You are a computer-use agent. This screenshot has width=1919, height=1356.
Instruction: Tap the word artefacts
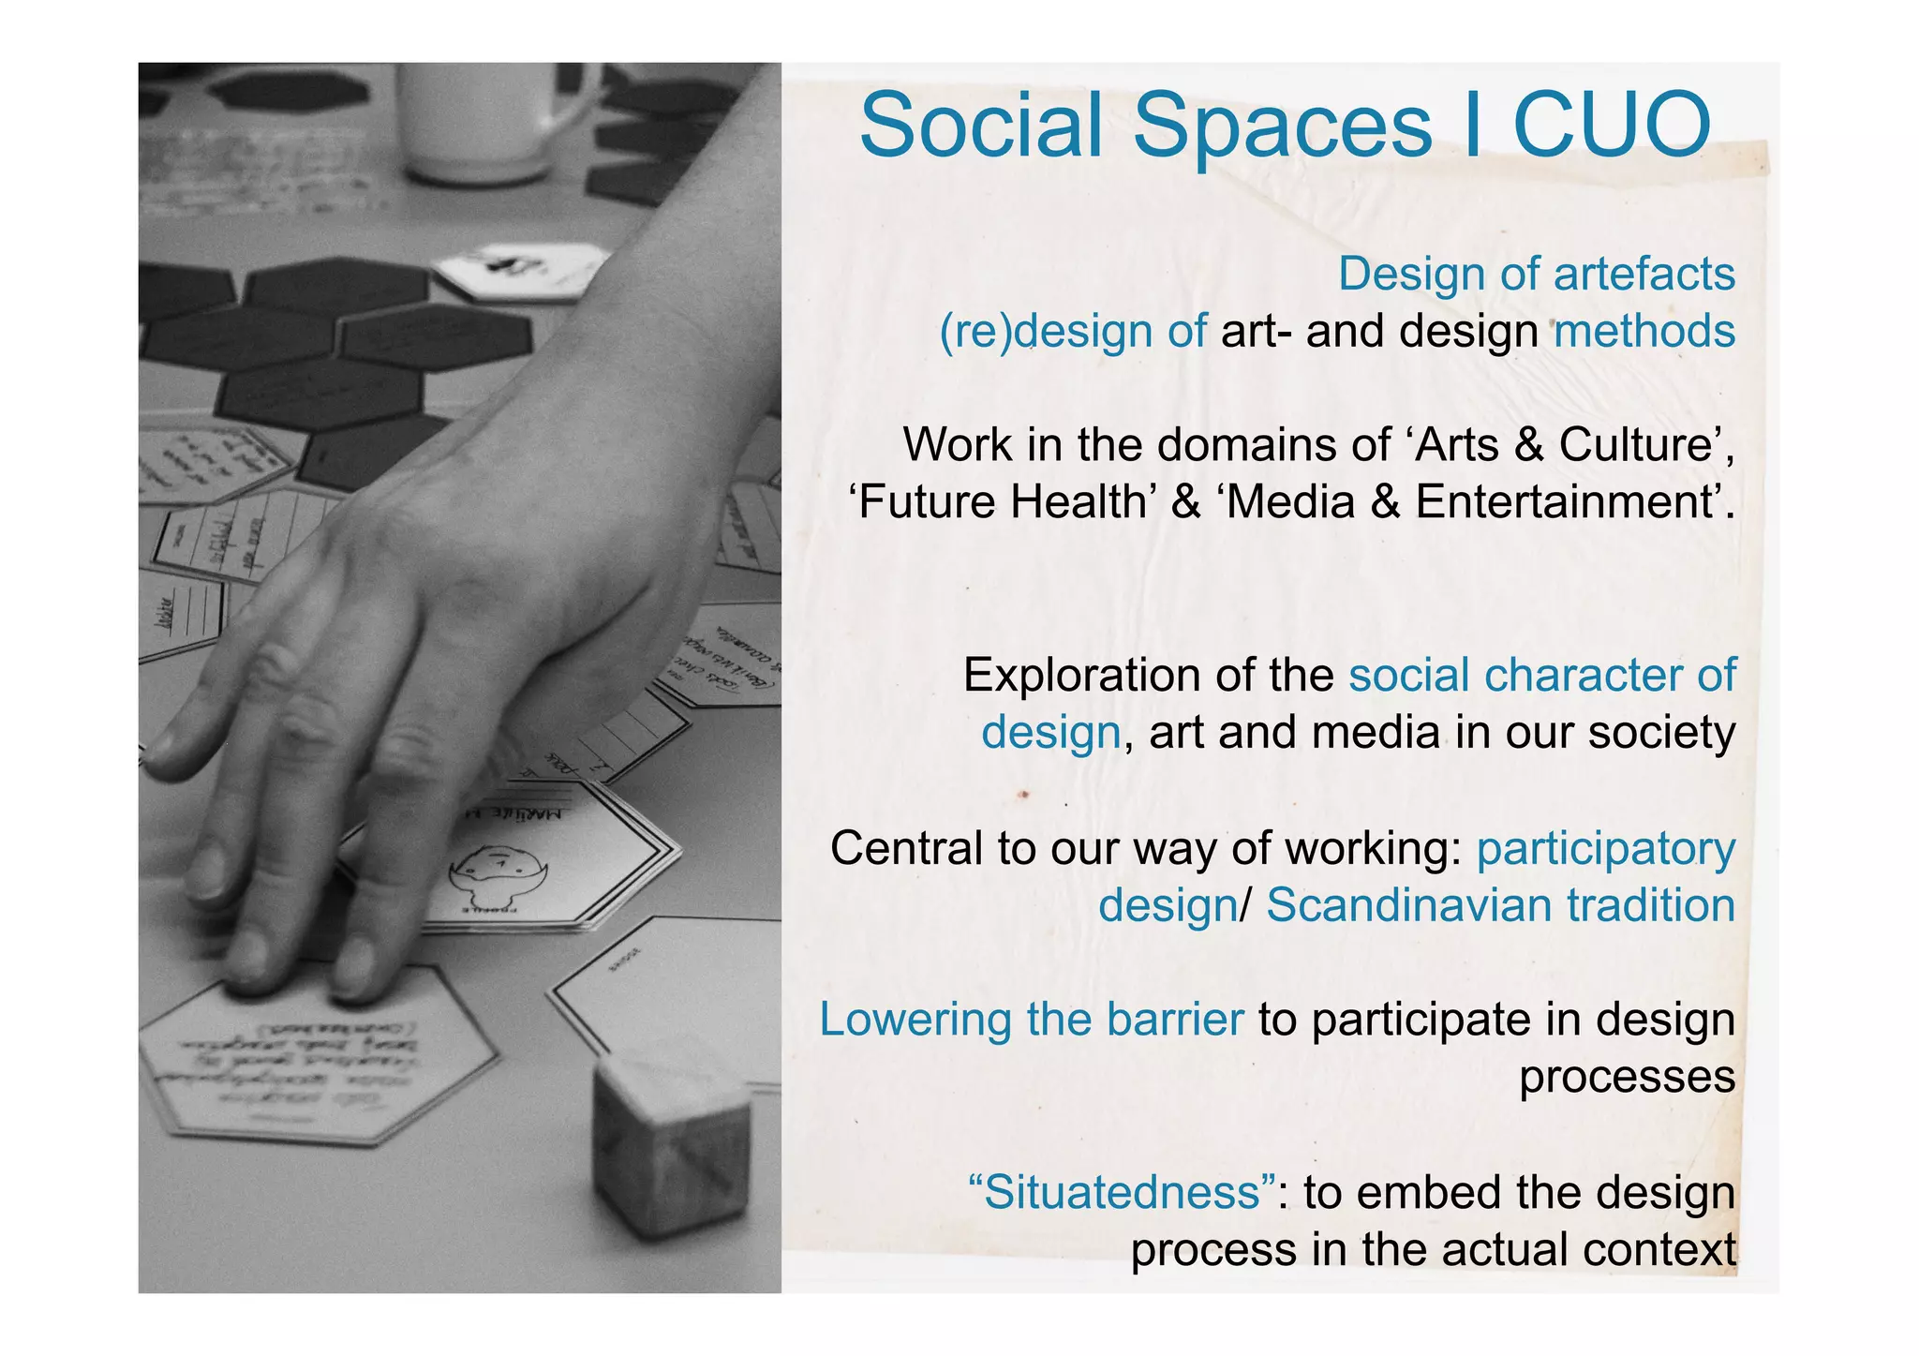coord(1644,275)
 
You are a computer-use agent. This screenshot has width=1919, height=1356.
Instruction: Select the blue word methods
coord(1644,332)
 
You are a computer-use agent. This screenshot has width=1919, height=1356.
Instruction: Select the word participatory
coord(1606,850)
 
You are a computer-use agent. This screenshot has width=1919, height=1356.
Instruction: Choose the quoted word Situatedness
coord(1122,1193)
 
